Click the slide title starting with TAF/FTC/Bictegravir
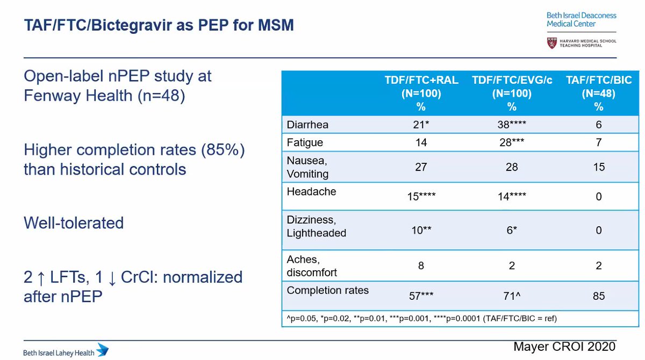tap(159, 25)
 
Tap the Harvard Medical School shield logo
tap(551, 42)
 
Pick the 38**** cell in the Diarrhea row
tap(512, 124)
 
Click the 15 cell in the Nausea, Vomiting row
tap(599, 168)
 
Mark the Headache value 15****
tap(421, 197)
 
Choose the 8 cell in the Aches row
tap(421, 265)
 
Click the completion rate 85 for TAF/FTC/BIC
tap(599, 296)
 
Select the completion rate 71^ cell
tap(512, 296)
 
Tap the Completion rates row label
tap(327, 291)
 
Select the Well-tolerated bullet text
tap(74, 222)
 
